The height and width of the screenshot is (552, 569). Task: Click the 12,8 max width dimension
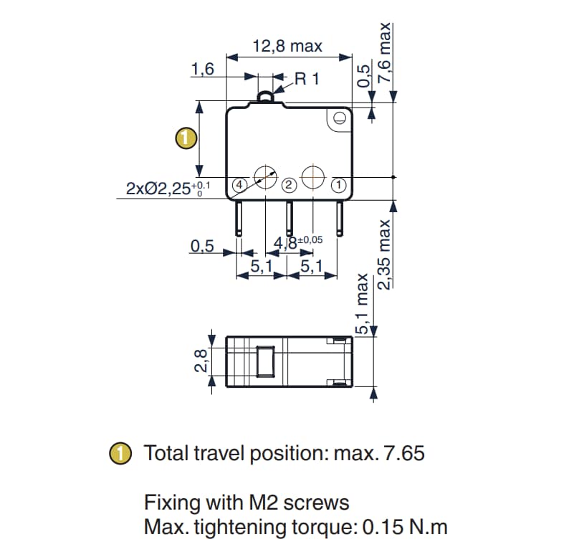click(287, 47)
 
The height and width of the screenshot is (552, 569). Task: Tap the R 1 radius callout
click(306, 79)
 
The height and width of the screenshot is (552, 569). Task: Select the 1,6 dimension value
click(203, 69)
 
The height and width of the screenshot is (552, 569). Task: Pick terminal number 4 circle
click(241, 185)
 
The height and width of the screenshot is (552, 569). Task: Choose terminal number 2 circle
click(288, 185)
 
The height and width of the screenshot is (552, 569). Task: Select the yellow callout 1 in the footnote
click(121, 454)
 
